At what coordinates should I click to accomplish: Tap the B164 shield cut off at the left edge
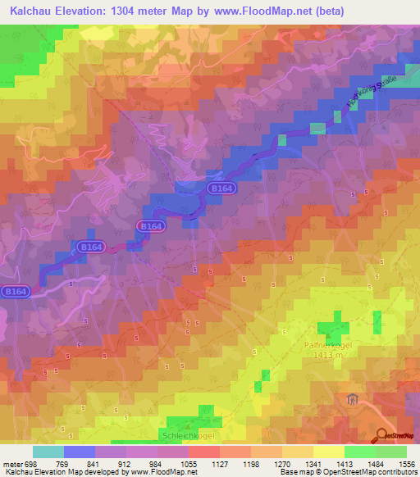[13, 291]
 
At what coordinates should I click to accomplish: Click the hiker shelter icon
[353, 399]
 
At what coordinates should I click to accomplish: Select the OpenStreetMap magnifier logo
[381, 435]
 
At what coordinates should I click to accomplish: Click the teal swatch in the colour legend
[48, 452]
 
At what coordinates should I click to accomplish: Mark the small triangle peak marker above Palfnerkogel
[330, 337]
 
